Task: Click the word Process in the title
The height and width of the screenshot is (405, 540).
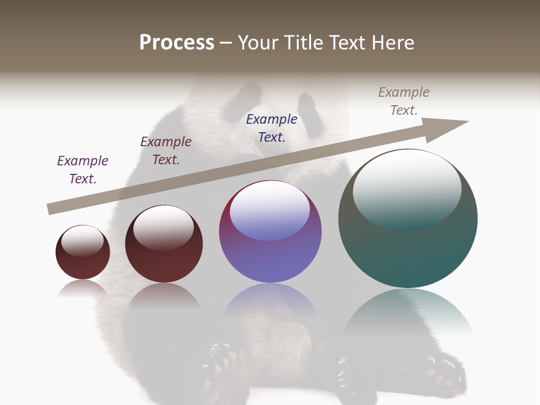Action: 177,43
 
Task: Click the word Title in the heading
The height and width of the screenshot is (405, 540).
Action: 303,43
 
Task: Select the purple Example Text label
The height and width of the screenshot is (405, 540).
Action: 83,169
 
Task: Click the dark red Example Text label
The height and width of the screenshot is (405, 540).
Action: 166,150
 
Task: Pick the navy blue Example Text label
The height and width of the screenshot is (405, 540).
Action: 272,128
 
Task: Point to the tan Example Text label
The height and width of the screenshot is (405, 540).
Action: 404,101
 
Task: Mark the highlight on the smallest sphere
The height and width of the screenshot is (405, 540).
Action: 83,241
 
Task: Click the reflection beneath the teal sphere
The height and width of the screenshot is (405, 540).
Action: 408,312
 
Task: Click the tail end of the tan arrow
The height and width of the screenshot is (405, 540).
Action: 52,209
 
